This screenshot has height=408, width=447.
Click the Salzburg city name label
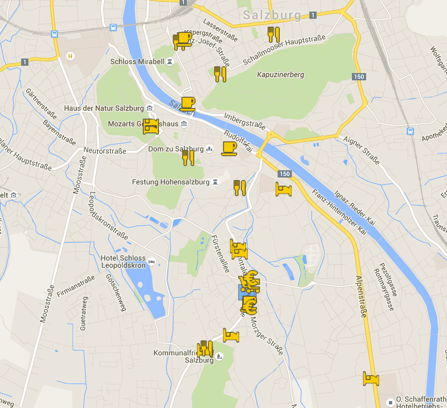pos(272,15)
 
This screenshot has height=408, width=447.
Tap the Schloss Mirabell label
pos(137,61)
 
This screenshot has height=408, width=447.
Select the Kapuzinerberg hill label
pos(281,74)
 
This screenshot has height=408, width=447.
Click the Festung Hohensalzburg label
pos(171,182)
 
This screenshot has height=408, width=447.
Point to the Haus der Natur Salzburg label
pos(104,108)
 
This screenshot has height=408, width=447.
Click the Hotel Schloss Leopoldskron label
pos(123,262)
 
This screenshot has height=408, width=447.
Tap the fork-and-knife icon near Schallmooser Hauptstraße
pos(274,34)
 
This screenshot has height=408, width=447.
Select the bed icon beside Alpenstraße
pos(371,378)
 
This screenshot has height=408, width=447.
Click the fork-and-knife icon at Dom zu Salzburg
pos(188,158)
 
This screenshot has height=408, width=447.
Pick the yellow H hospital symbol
pos(70,56)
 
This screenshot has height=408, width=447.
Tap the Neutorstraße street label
pos(105,151)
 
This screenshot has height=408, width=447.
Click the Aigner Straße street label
pos(361,150)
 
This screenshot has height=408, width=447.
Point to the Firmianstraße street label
pos(76,286)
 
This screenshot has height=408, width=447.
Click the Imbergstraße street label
pos(245,121)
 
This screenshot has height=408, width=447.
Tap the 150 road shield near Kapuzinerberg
pos(359,77)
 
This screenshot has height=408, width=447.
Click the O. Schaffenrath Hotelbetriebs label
pos(421,402)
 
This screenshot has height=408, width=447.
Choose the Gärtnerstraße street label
pos(41,104)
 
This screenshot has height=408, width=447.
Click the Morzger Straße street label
pos(267,336)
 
